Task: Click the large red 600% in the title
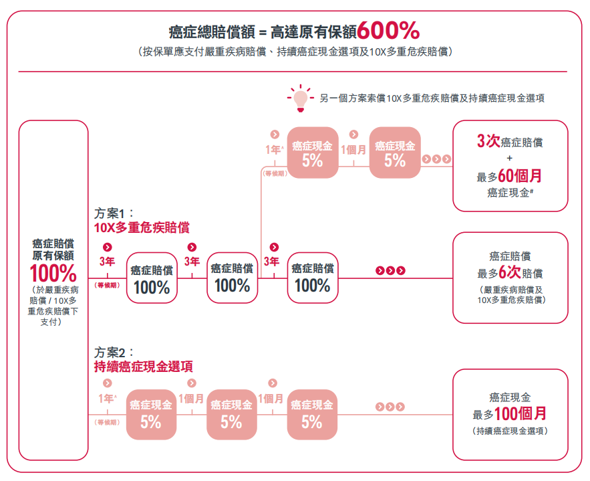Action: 388,30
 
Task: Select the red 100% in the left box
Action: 53,273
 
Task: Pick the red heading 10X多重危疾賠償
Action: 142,227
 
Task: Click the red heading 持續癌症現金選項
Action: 144,367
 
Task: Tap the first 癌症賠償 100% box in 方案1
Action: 152,278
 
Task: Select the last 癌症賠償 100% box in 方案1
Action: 313,278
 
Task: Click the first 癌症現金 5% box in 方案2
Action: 151,415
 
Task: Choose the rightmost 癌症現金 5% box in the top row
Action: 395,153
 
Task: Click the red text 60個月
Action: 520,175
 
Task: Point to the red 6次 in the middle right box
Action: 510,272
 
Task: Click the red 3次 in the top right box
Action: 488,141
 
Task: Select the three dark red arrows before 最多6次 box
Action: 391,270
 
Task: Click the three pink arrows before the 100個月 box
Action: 390,407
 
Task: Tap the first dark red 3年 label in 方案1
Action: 107,262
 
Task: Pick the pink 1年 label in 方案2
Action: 107,398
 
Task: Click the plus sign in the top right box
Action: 509,158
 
